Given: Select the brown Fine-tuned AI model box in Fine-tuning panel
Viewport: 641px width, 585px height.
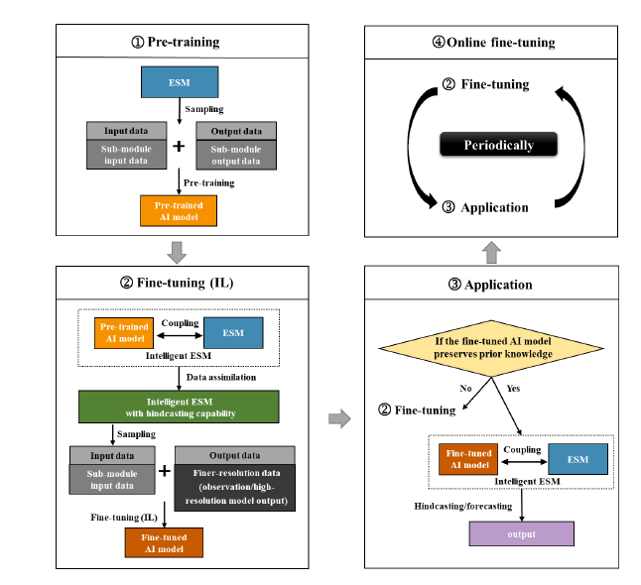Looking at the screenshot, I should point(164,542).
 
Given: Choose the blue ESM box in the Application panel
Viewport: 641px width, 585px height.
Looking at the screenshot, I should point(577,460).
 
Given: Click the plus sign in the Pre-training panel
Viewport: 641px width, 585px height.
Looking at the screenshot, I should point(179,147).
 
